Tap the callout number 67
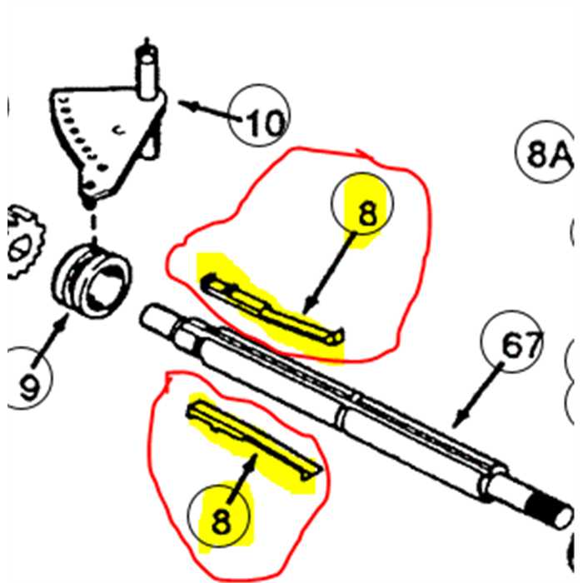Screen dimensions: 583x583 [x=521, y=344]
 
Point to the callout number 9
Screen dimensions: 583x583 [x=29, y=386]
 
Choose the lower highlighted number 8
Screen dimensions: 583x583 [x=221, y=521]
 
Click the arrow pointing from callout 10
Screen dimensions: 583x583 [x=210, y=111]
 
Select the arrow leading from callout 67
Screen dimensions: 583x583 [x=478, y=396]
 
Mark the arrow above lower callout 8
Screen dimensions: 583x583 [x=242, y=479]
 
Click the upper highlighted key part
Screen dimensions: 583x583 [x=273, y=309]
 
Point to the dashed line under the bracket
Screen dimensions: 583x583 [x=93, y=225]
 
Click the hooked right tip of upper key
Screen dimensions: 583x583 [x=336, y=336]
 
